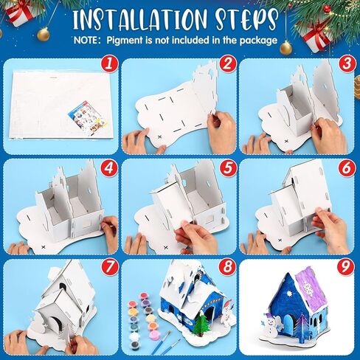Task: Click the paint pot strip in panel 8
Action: (139, 318)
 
